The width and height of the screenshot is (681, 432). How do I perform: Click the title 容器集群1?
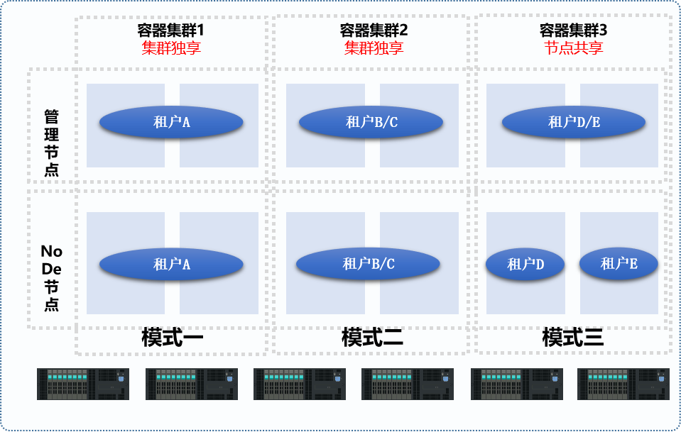coord(170,31)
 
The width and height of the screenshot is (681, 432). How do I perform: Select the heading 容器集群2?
coord(374,31)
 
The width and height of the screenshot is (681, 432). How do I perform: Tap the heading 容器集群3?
coord(573,31)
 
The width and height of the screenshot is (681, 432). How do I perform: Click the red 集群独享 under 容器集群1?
coord(170,48)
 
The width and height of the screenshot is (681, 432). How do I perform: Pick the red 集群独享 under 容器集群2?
coord(374,48)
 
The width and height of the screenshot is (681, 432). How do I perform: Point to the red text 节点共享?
coord(573,48)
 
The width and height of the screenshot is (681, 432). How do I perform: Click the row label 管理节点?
coord(52,142)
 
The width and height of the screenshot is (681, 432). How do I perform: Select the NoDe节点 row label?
coord(52,277)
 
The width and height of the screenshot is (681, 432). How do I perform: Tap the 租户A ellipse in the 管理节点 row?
coord(171,122)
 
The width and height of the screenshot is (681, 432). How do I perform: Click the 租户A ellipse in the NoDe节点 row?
coord(171,265)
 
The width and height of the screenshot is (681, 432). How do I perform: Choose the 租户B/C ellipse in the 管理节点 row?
coord(371,122)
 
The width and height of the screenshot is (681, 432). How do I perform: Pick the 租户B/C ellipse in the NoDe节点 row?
coord(368,264)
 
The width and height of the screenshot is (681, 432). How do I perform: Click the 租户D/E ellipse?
coord(574,122)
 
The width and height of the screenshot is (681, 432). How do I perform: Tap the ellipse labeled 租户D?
coord(525,265)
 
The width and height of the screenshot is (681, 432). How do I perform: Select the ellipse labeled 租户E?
coord(619,264)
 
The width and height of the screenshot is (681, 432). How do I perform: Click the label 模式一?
coord(172,337)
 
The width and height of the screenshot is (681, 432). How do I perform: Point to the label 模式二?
coord(372,337)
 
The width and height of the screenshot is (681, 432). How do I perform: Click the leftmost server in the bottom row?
coord(83,384)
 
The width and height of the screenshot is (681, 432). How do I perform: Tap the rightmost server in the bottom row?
coord(623,384)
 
